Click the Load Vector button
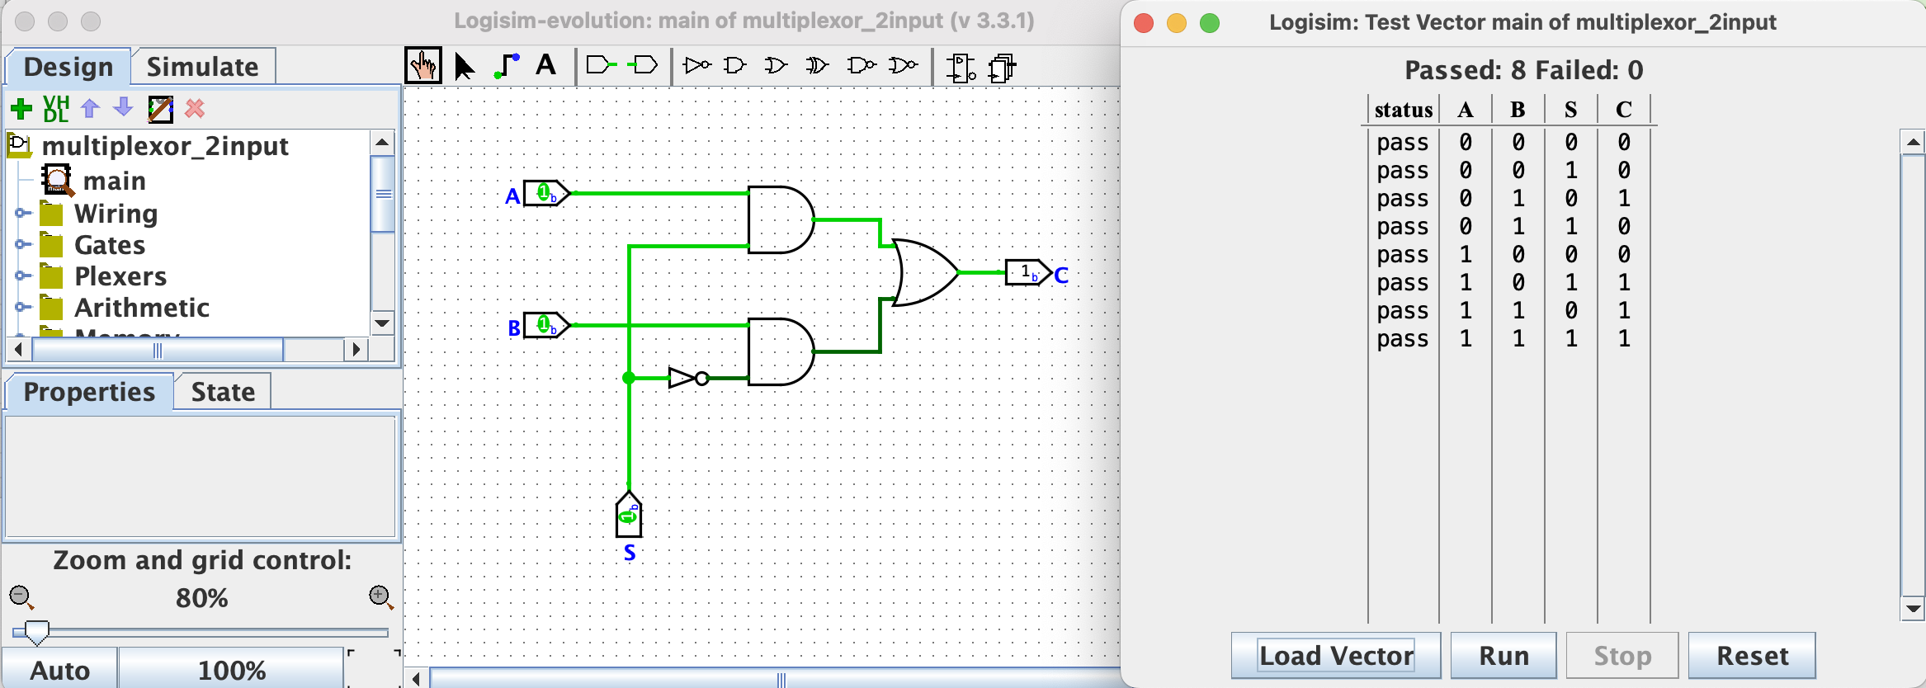click(x=1335, y=656)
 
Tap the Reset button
click(x=1751, y=656)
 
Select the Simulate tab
click(x=203, y=67)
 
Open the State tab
click(x=223, y=392)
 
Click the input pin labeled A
click(x=545, y=194)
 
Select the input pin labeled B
click(x=545, y=326)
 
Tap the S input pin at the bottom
click(x=629, y=516)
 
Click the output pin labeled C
click(x=1027, y=272)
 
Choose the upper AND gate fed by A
click(x=780, y=219)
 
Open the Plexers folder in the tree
click(x=120, y=276)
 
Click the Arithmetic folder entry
click(x=141, y=308)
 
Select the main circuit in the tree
click(x=114, y=181)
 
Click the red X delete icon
click(x=195, y=109)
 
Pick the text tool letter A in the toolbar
click(x=545, y=65)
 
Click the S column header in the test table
click(x=1570, y=110)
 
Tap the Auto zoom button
click(x=60, y=670)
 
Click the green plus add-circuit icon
click(x=21, y=109)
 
